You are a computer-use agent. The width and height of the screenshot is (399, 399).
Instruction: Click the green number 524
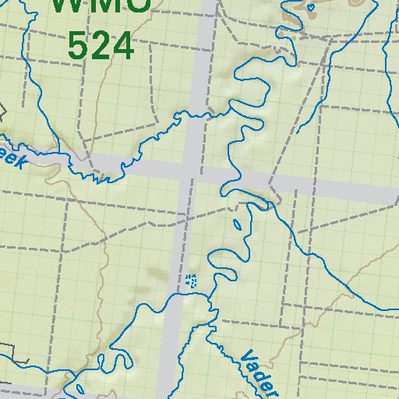tap(101, 46)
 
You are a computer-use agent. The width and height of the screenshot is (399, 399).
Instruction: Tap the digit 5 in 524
tap(79, 46)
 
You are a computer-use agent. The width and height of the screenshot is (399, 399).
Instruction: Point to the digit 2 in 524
tap(101, 46)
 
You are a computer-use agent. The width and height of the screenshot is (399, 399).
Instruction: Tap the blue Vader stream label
tap(257, 373)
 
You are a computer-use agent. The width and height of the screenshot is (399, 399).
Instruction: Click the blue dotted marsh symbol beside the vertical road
tap(191, 281)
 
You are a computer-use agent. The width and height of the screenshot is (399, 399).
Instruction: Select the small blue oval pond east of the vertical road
tap(238, 225)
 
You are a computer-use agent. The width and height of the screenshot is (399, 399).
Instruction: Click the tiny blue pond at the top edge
tap(311, 7)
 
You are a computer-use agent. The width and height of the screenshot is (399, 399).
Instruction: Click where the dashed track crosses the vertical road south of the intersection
tap(185, 221)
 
